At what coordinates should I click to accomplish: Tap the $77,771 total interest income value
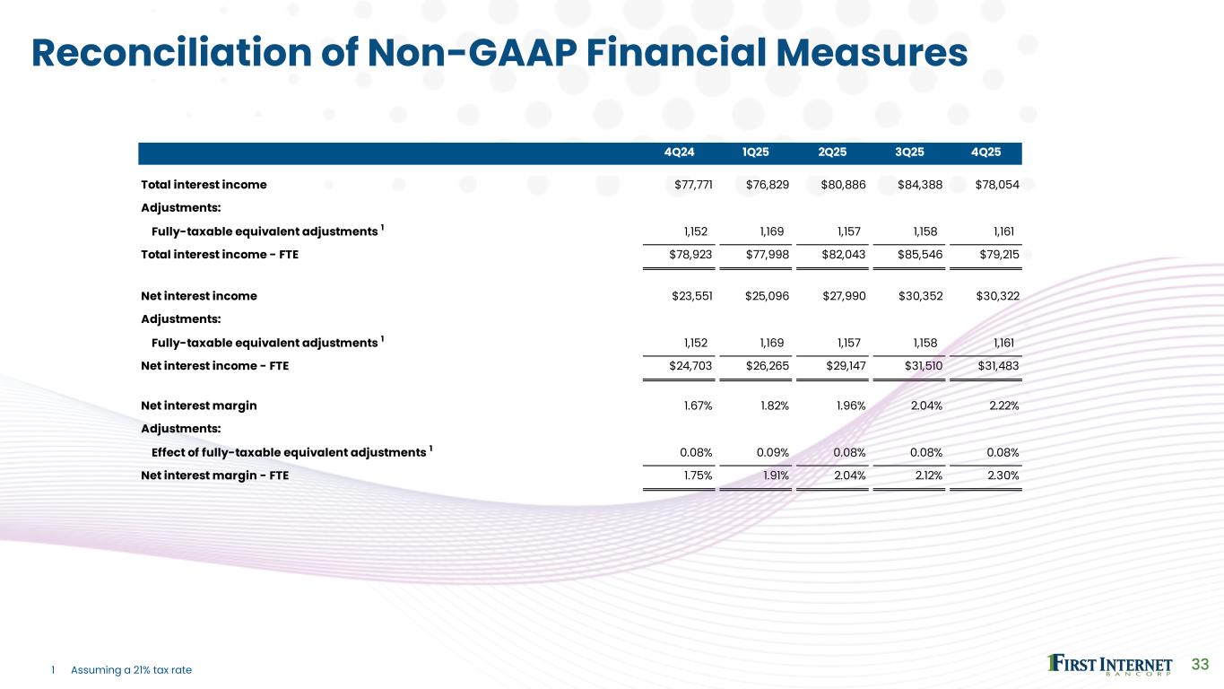pyautogui.click(x=691, y=185)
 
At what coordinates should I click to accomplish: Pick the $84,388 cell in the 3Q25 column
pyautogui.click(x=921, y=185)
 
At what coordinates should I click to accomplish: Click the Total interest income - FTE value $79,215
pyautogui.click(x=997, y=255)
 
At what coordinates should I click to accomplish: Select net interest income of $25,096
pyautogui.click(x=768, y=295)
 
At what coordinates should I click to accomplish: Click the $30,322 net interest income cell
pyautogui.click(x=997, y=295)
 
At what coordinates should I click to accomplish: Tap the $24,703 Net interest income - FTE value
pyautogui.click(x=691, y=366)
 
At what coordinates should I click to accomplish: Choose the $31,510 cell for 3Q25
pyautogui.click(x=921, y=366)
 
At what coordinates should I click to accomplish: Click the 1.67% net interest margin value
pyautogui.click(x=698, y=406)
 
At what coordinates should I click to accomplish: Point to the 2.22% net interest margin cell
pyautogui.click(x=1003, y=406)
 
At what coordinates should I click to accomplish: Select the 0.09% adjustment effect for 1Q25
pyautogui.click(x=774, y=451)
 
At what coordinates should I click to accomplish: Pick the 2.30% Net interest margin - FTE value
pyautogui.click(x=1003, y=476)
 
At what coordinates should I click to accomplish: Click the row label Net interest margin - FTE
pyautogui.click(x=214, y=476)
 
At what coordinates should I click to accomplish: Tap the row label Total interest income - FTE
pyautogui.click(x=220, y=255)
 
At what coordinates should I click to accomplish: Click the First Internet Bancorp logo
pyautogui.click(x=1110, y=665)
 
